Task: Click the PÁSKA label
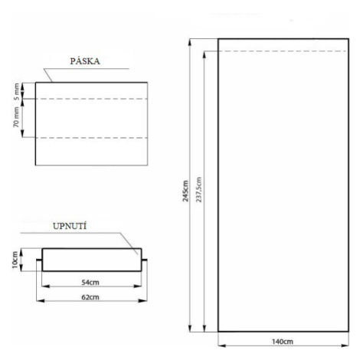point(85,61)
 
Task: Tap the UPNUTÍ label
point(70,226)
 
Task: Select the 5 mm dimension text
point(16,91)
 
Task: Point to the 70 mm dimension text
point(16,117)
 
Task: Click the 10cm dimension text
point(15,260)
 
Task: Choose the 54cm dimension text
point(90,282)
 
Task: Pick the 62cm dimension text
point(90,297)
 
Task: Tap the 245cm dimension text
point(185,191)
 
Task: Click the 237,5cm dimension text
point(199,190)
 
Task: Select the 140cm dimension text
point(283,342)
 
